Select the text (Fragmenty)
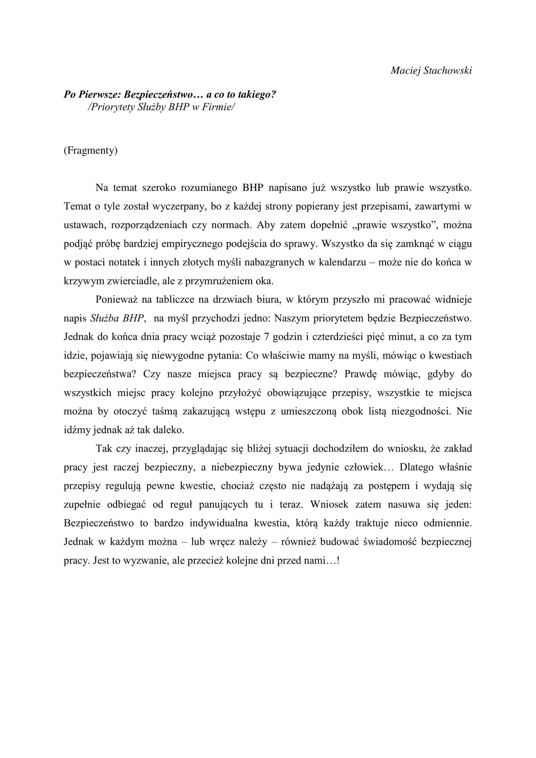click(x=90, y=151)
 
